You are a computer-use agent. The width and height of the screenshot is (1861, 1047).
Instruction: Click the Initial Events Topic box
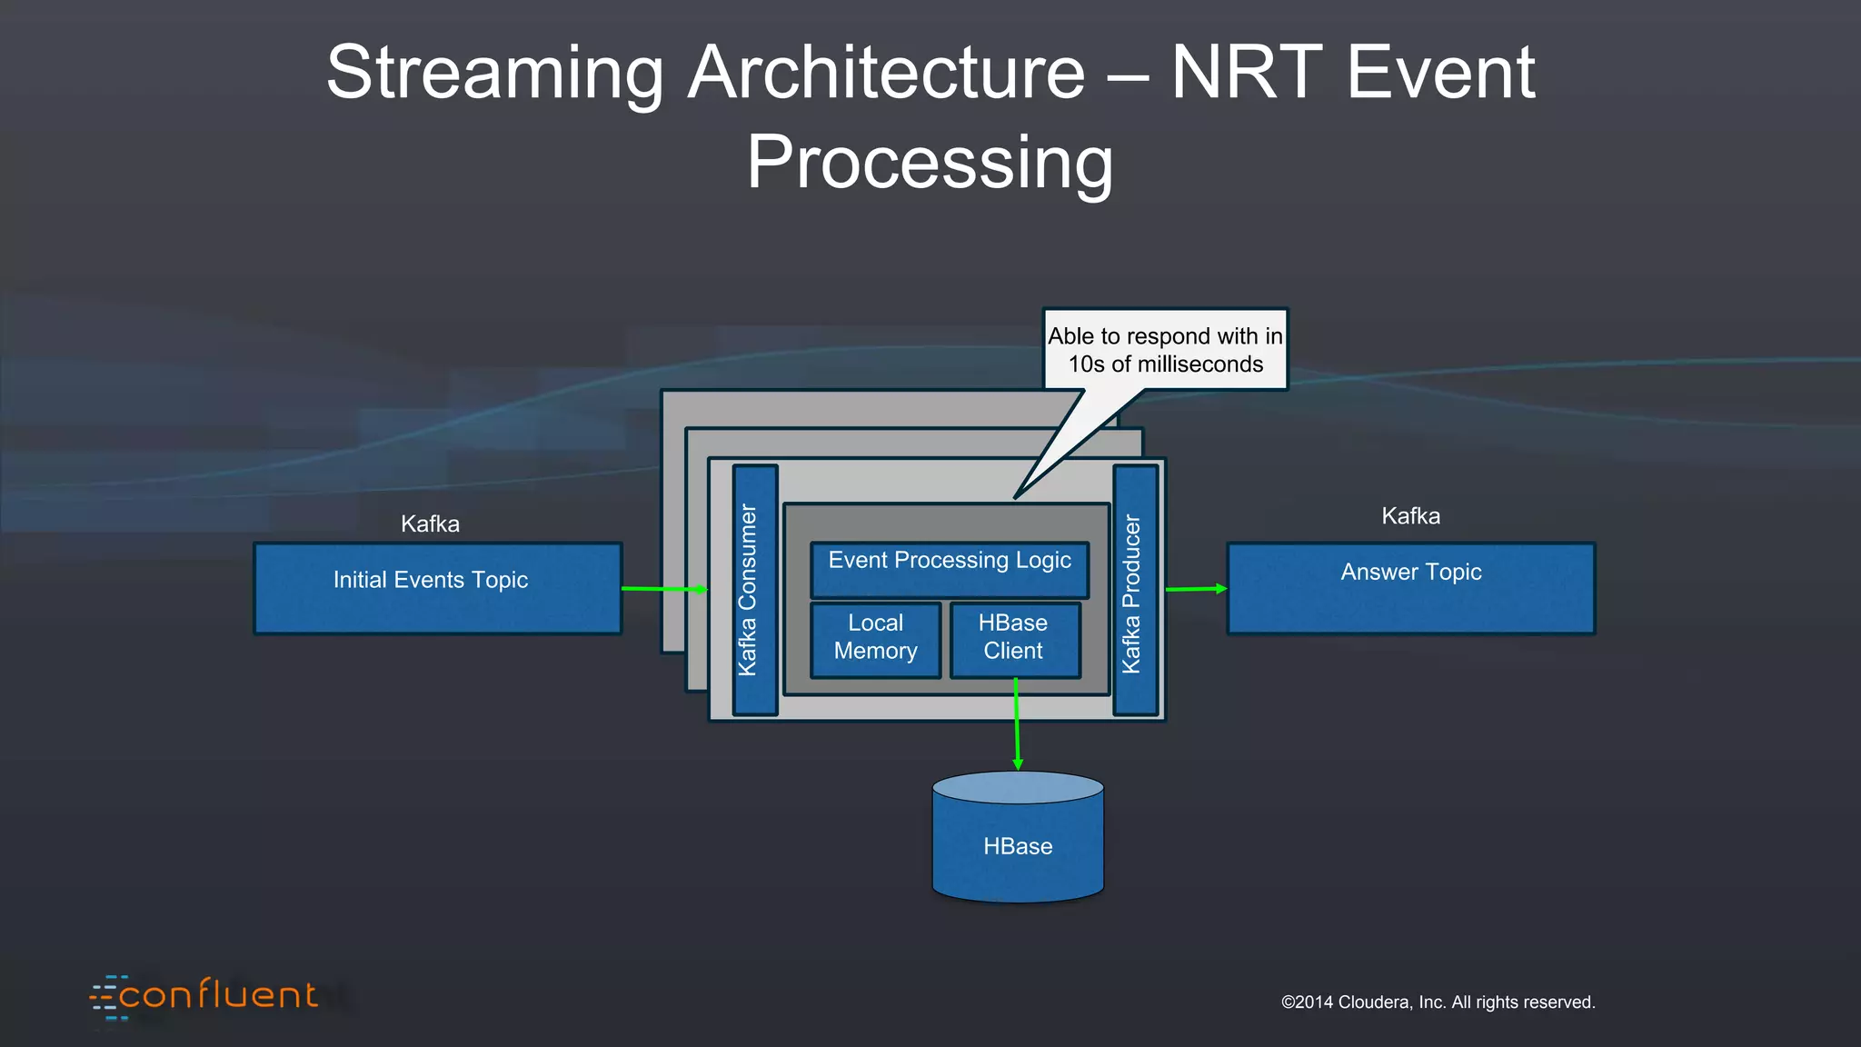point(437,588)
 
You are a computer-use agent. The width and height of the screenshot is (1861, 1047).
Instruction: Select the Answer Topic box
point(1410,588)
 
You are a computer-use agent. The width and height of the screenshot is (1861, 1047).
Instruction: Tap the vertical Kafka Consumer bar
point(754,590)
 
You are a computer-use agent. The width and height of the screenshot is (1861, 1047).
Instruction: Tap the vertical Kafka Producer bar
point(1135,590)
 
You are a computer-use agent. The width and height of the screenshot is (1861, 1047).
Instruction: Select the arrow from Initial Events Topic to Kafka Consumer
point(663,589)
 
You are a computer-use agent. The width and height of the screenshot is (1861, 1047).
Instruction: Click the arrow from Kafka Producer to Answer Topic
point(1195,589)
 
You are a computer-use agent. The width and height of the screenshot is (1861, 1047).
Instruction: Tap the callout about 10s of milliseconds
point(1165,350)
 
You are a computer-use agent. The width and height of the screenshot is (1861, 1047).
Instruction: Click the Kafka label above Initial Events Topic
point(430,523)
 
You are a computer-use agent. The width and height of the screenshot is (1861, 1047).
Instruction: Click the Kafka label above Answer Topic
point(1410,516)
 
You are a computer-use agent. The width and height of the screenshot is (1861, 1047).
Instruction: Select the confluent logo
point(205,995)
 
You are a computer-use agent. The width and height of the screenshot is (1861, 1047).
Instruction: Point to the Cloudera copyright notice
point(1438,1002)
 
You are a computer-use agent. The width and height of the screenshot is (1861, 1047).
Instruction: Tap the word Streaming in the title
point(495,73)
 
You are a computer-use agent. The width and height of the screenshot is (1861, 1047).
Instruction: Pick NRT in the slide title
point(1244,73)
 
